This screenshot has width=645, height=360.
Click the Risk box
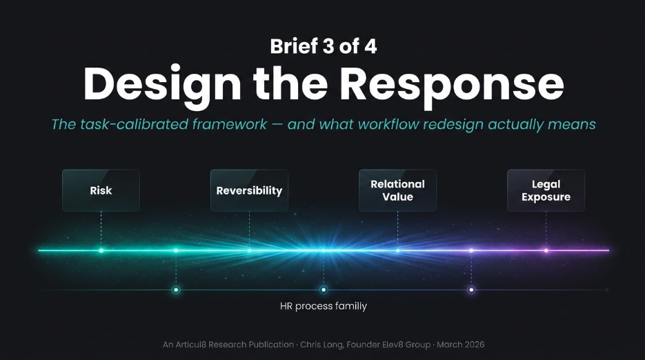[x=101, y=190]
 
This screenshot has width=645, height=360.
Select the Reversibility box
[x=249, y=190]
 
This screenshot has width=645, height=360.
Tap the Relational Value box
[x=397, y=190]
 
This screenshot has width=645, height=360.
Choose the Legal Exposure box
[x=546, y=190]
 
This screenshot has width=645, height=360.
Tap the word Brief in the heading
[x=294, y=46]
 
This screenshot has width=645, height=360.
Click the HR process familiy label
[x=323, y=306]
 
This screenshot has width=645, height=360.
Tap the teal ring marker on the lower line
[x=176, y=290]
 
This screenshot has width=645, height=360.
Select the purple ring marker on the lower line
[x=471, y=290]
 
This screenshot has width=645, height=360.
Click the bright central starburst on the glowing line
[x=323, y=250]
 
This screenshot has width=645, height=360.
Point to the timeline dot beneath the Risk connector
[x=101, y=250]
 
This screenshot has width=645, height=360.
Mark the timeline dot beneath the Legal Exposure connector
[x=546, y=250]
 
